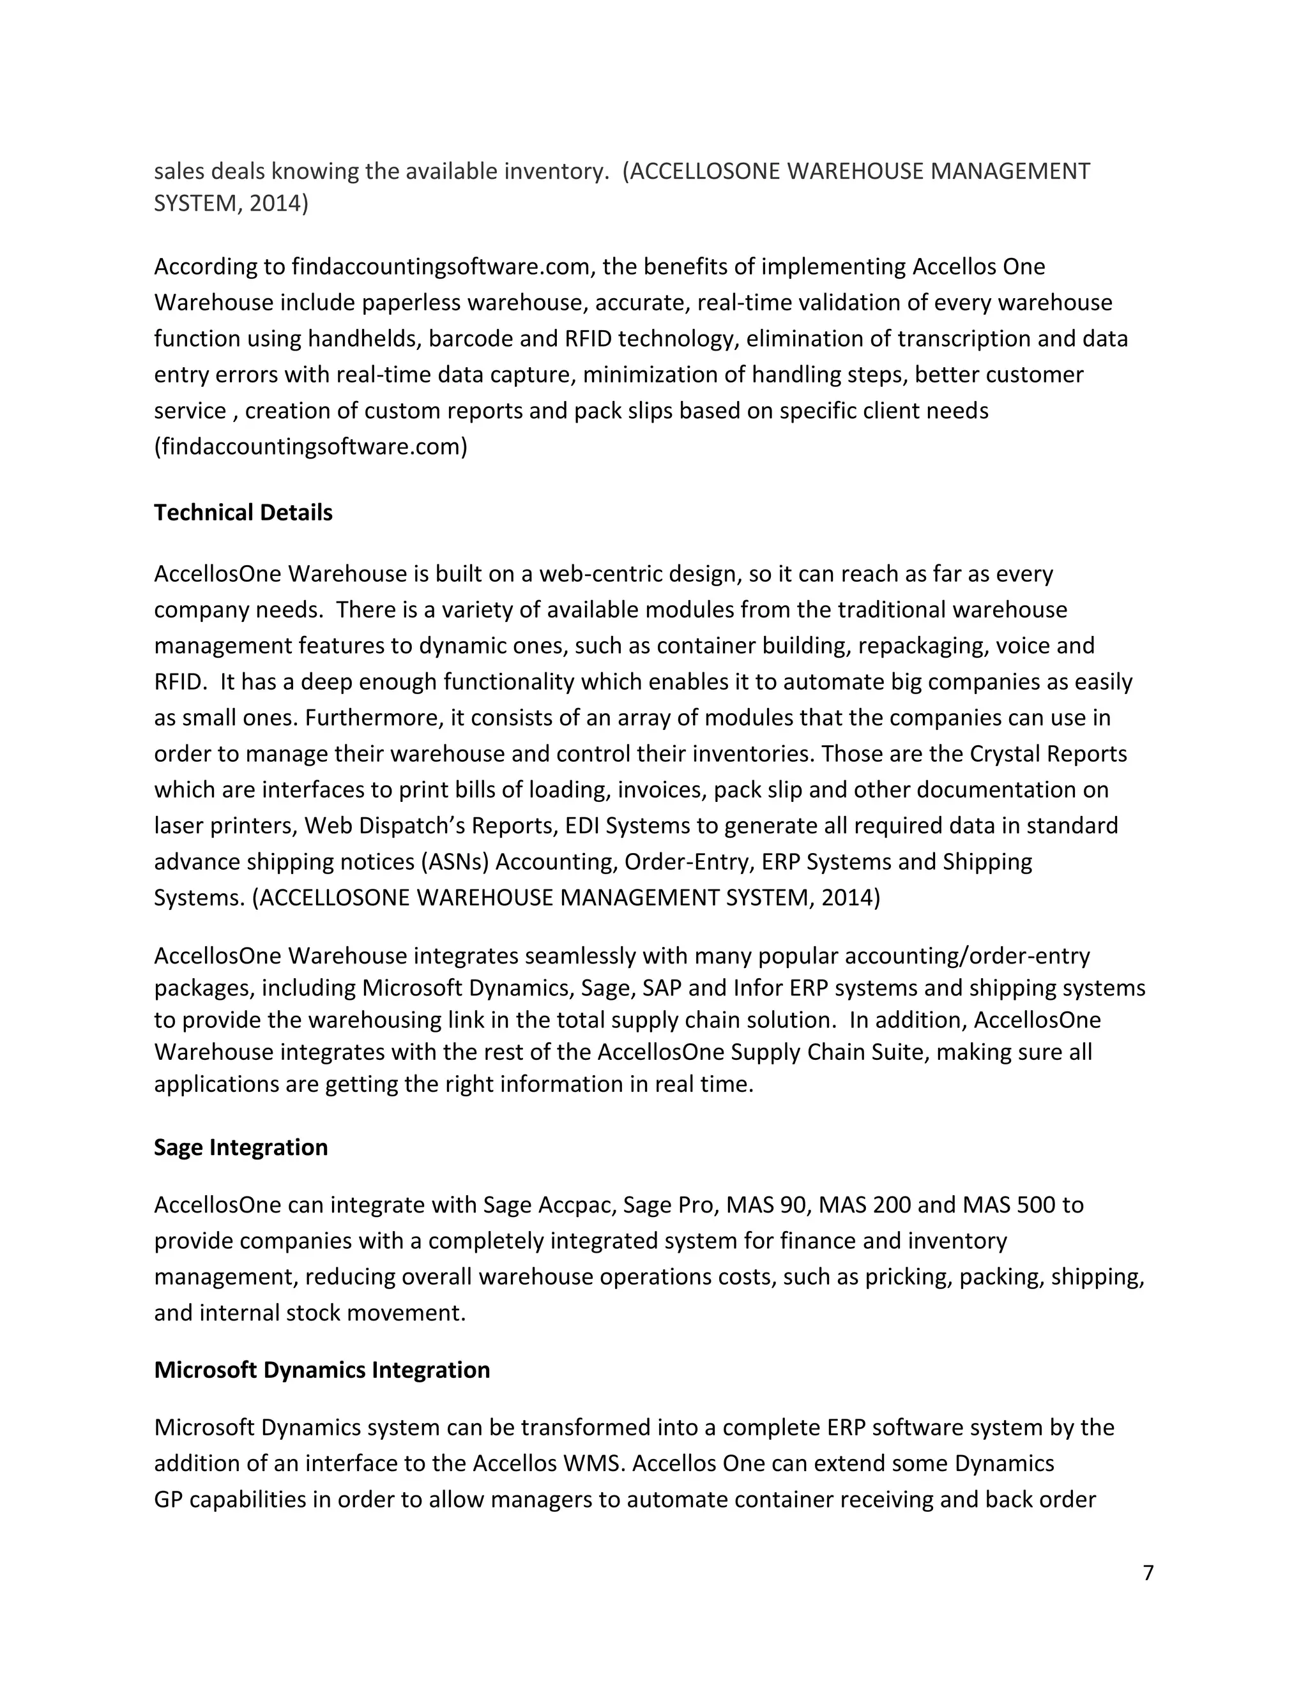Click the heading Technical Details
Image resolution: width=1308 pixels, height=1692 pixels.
pos(243,513)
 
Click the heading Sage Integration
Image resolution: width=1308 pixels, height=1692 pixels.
pos(240,1147)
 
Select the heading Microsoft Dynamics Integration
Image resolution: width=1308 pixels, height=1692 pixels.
pos(322,1370)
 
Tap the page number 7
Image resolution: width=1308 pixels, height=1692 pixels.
pos(1148,1573)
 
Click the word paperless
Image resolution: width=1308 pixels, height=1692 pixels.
pos(370,302)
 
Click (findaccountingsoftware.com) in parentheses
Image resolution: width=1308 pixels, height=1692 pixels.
pos(310,446)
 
